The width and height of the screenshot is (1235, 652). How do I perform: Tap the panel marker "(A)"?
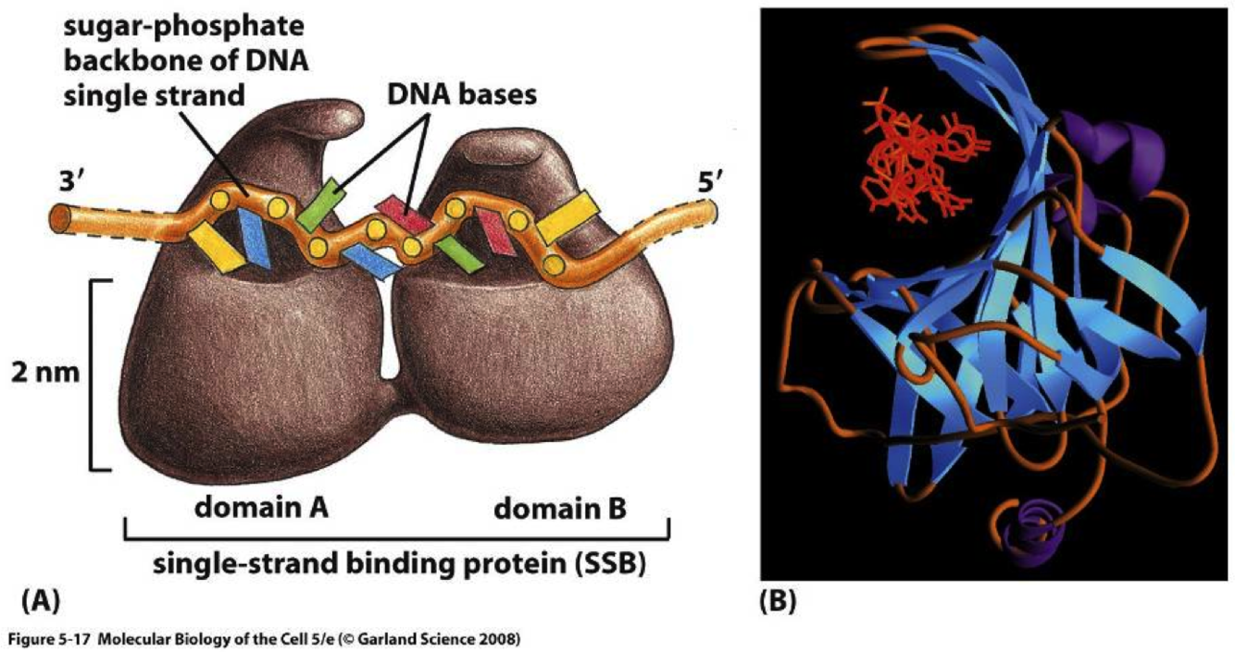[x=40, y=602]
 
